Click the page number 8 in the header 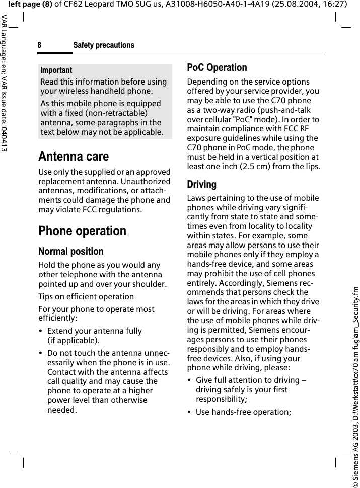(x=39, y=45)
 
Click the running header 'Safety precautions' (x=104, y=45)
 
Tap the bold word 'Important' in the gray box (x=56, y=70)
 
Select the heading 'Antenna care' (x=74, y=156)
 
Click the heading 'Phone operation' (x=83, y=231)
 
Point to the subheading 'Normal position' (x=71, y=251)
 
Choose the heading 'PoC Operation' (x=217, y=67)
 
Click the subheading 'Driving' (x=202, y=185)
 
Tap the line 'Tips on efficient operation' (x=86, y=296)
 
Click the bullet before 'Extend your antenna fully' (x=41, y=331)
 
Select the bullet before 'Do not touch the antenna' (x=41, y=353)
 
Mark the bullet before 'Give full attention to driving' (x=189, y=380)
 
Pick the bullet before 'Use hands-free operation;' (x=189, y=412)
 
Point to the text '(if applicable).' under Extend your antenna (x=74, y=340)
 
